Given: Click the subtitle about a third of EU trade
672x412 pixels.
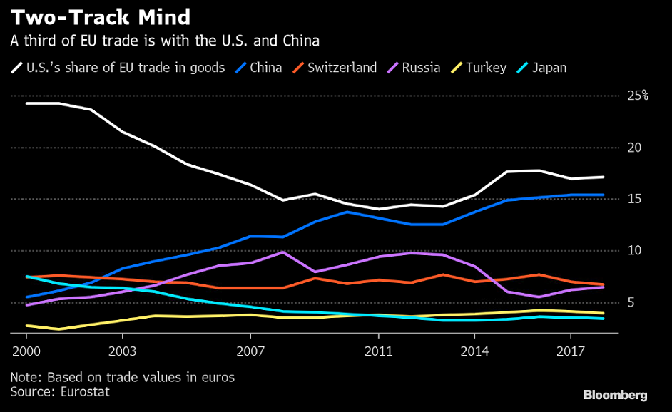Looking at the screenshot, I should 164,41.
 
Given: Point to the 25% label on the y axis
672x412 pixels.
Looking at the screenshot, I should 637,96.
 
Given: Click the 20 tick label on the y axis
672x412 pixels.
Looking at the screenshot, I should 635,148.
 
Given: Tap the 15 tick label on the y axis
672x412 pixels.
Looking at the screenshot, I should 635,199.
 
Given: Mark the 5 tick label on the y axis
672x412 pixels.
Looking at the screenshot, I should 631,302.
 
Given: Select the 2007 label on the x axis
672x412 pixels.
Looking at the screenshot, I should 250,351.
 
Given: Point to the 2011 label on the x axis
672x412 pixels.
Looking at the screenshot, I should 379,351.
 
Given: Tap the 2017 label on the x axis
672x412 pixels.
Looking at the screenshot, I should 571,351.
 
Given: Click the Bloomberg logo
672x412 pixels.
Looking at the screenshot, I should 615,394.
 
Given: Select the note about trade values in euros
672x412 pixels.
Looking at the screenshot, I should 122,376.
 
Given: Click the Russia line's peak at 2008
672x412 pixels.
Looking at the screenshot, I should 283,252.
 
